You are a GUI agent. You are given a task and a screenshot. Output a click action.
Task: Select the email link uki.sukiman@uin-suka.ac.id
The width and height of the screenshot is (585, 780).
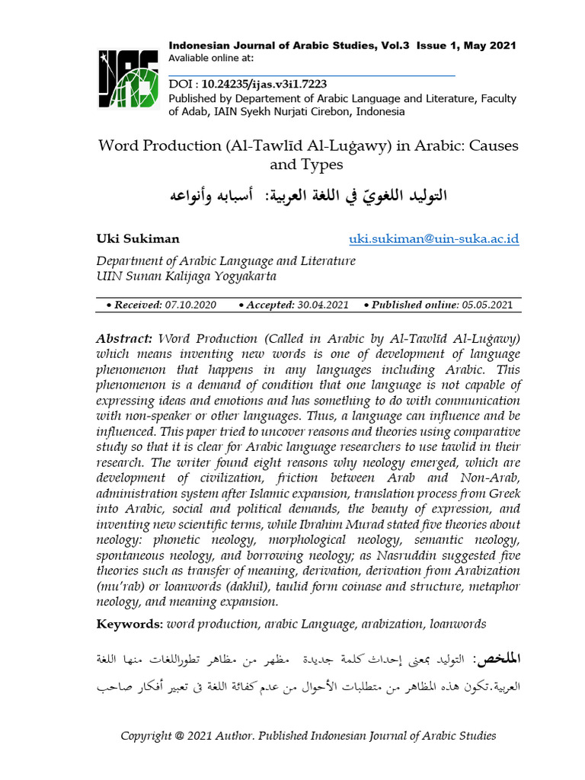(x=433, y=239)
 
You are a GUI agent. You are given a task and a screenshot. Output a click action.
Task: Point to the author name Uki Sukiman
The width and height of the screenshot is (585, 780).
(x=138, y=239)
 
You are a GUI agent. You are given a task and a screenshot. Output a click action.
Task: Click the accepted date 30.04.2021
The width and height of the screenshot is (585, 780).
(x=322, y=305)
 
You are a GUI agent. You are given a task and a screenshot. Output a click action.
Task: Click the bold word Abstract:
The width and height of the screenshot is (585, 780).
(x=124, y=337)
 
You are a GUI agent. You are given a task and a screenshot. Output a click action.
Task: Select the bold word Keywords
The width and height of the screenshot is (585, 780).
(x=128, y=624)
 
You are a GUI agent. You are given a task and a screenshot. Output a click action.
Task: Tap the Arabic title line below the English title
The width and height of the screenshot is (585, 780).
(x=308, y=196)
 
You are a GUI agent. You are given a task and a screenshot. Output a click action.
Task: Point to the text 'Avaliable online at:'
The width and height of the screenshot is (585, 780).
(x=211, y=58)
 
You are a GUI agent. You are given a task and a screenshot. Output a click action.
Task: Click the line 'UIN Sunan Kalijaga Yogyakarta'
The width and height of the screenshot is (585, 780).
(x=186, y=276)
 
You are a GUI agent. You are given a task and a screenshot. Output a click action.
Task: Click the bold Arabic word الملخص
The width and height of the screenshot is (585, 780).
(x=497, y=657)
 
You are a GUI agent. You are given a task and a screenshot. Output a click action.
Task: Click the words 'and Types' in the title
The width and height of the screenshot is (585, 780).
(x=307, y=165)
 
